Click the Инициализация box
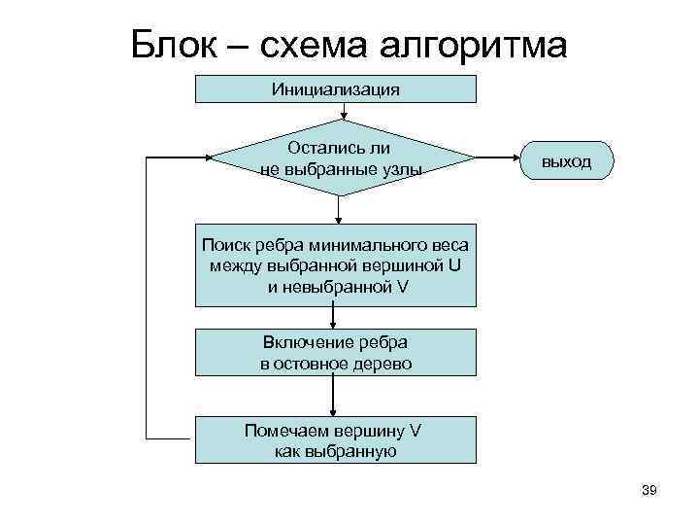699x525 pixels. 336,89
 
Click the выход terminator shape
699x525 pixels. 566,160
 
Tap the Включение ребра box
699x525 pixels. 336,353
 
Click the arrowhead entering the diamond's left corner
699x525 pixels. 207,157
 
